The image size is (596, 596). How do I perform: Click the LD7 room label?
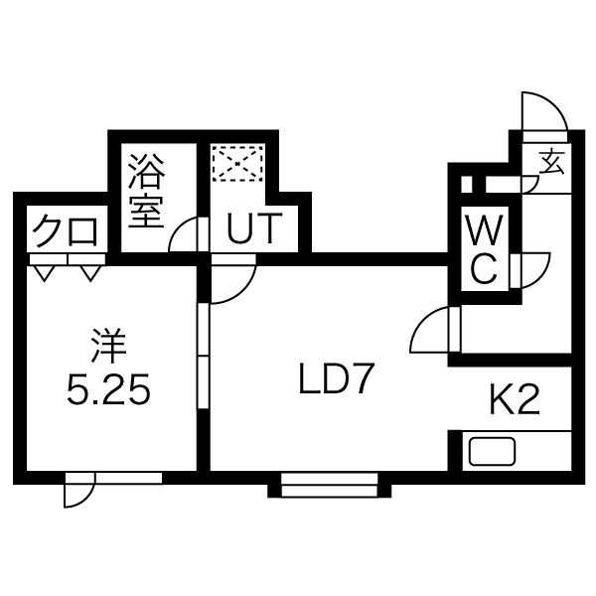pyautogui.click(x=335, y=378)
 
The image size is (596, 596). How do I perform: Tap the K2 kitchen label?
pyautogui.click(x=515, y=399)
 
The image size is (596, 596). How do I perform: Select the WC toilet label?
pyautogui.click(x=485, y=249)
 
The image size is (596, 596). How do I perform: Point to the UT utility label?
pyautogui.click(x=254, y=227)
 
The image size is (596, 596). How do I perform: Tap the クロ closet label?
pyautogui.click(x=65, y=230)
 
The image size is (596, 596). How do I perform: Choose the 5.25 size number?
pyautogui.click(x=108, y=388)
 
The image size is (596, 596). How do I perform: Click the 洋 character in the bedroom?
pyautogui.click(x=108, y=346)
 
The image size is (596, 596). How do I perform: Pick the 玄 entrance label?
pyautogui.click(x=552, y=161)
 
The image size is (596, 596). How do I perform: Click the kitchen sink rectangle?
pyautogui.click(x=493, y=451)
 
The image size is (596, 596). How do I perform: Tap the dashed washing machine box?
pyautogui.click(x=238, y=164)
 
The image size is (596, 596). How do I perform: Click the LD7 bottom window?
pyautogui.click(x=329, y=485)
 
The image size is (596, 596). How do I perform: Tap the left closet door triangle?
pyautogui.click(x=44, y=273)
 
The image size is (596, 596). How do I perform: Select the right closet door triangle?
pyautogui.click(x=90, y=273)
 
